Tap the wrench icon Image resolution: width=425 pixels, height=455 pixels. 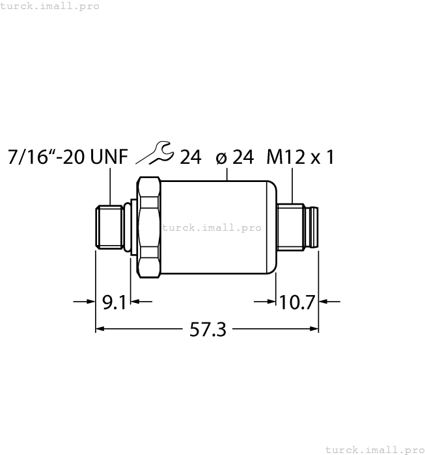click(x=156, y=155)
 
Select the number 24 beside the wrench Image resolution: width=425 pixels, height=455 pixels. click(x=190, y=157)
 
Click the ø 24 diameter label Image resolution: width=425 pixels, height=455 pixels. click(x=234, y=157)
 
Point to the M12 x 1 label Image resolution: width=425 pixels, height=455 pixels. click(x=300, y=157)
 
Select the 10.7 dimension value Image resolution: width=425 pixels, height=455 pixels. click(x=297, y=302)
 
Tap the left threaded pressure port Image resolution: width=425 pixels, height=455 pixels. click(x=110, y=227)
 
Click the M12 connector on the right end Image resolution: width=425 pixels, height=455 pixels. click(x=297, y=227)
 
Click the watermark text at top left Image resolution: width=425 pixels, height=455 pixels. click(x=50, y=6)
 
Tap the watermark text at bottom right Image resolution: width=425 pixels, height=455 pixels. click(x=374, y=449)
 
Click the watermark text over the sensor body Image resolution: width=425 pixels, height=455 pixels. click(x=212, y=227)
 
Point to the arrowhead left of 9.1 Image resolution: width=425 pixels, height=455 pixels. click(x=92, y=302)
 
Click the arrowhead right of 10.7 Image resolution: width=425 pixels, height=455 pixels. click(x=323, y=302)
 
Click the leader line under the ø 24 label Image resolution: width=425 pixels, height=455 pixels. click(x=226, y=174)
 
